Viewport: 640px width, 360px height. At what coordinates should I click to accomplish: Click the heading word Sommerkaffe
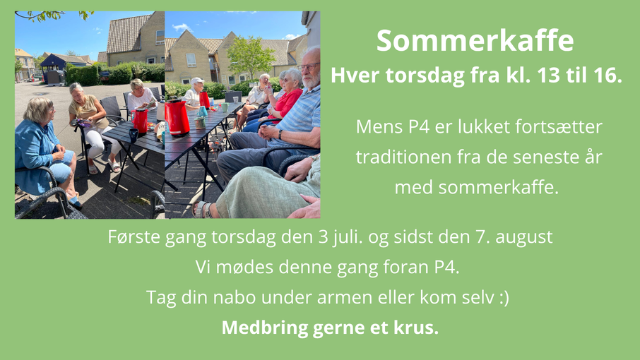pos(475,40)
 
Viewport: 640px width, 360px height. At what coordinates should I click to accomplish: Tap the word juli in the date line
pos(348,237)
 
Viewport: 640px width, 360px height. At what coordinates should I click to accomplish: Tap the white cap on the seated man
pos(197,80)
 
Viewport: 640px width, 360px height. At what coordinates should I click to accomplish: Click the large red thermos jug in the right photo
pos(177,117)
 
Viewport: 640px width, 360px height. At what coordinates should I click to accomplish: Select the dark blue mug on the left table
pos(134,135)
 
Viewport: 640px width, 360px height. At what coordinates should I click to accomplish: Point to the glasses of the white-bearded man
pos(308,67)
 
